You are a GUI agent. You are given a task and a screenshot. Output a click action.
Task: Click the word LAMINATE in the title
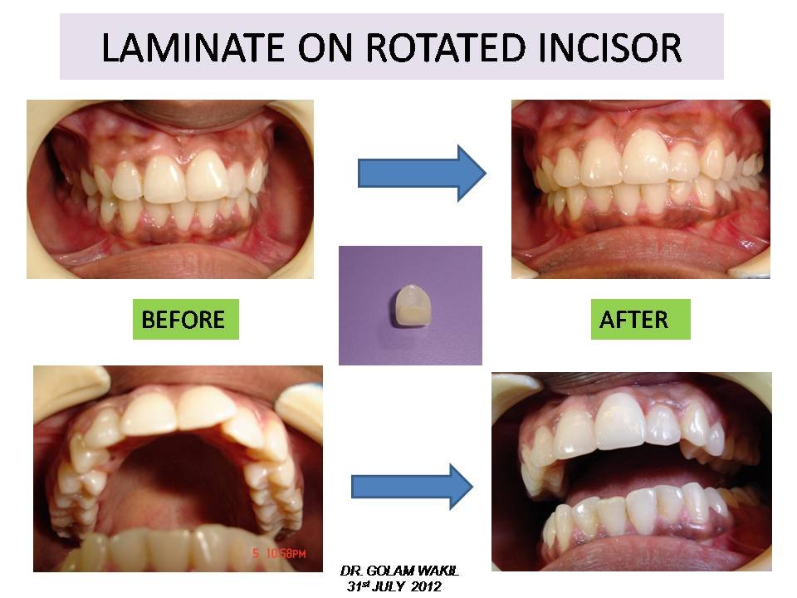coord(193,47)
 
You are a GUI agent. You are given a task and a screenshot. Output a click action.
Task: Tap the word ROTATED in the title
coord(445,47)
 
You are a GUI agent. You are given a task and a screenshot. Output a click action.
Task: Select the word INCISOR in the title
coord(609,47)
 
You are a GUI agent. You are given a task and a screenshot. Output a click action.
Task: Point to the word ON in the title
coord(325,47)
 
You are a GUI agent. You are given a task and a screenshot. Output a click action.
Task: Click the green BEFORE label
coord(185,319)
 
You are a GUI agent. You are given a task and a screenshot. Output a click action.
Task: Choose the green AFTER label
coord(640,319)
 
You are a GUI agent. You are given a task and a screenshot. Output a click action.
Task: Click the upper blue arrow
coord(422,173)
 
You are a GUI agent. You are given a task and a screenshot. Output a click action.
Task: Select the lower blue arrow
coord(413,487)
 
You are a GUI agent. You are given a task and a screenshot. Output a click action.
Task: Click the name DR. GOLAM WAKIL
coord(399,571)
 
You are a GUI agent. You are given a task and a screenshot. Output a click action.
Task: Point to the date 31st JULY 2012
coord(394,586)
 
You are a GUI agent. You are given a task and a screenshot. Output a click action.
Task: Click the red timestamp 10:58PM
coord(284,554)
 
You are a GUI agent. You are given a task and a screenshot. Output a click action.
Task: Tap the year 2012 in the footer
coord(426,586)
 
